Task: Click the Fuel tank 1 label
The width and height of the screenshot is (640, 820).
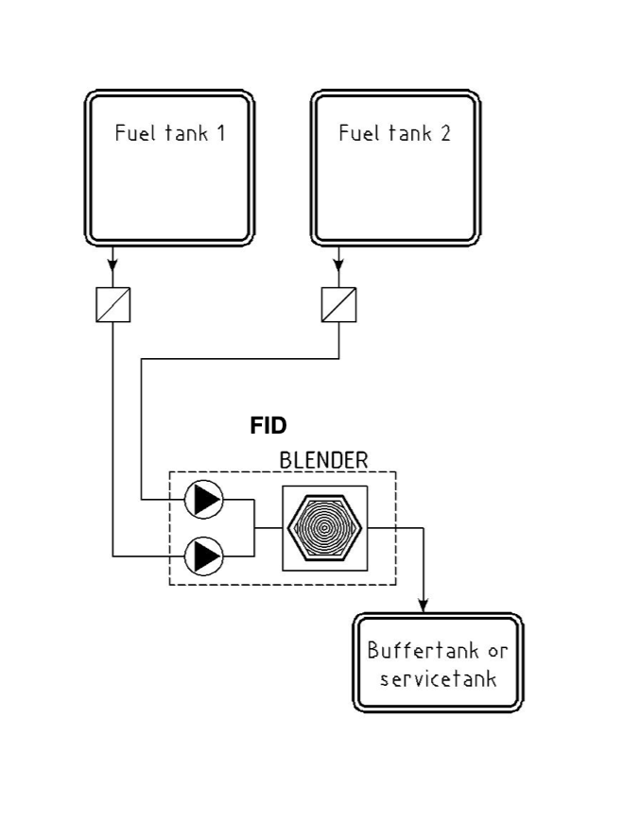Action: point(170,133)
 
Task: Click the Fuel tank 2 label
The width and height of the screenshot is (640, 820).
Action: point(395,133)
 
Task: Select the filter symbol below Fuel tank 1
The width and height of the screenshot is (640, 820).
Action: point(113,304)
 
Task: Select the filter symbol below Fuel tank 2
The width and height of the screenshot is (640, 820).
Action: point(338,304)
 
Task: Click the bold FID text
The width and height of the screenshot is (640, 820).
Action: point(268,426)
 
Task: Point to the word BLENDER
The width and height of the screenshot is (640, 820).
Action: point(323,460)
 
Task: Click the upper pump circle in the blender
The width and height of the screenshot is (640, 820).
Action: point(203,501)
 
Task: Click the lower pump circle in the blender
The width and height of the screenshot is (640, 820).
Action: point(203,555)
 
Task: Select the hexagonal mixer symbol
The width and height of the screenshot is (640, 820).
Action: point(324,528)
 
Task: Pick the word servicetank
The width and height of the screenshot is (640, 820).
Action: point(438,679)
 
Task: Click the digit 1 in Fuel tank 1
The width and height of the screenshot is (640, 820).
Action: point(220,133)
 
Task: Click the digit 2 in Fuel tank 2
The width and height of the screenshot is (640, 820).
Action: point(444,133)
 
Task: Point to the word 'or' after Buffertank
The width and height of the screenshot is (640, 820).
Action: point(496,651)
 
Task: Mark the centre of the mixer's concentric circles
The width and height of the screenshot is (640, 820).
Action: point(324,528)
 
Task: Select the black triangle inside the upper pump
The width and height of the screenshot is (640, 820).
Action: point(205,501)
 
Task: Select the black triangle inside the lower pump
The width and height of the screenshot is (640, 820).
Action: point(205,555)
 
